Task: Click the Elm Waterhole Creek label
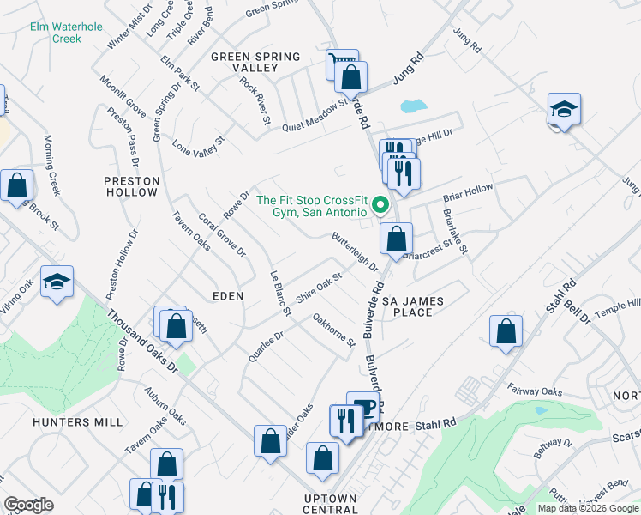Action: (x=55, y=33)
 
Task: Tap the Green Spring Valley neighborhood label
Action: (x=255, y=64)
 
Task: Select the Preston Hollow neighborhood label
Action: (x=132, y=186)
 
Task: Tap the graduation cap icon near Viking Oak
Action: (x=57, y=282)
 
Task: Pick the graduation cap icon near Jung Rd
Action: (x=565, y=109)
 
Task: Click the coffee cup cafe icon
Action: (x=363, y=407)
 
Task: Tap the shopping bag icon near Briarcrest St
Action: (x=395, y=239)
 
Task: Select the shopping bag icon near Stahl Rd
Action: (x=506, y=331)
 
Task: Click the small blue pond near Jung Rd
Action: (x=413, y=106)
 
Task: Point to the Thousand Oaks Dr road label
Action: (x=142, y=342)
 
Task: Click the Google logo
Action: (x=28, y=506)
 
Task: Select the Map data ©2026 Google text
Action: (x=587, y=508)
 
